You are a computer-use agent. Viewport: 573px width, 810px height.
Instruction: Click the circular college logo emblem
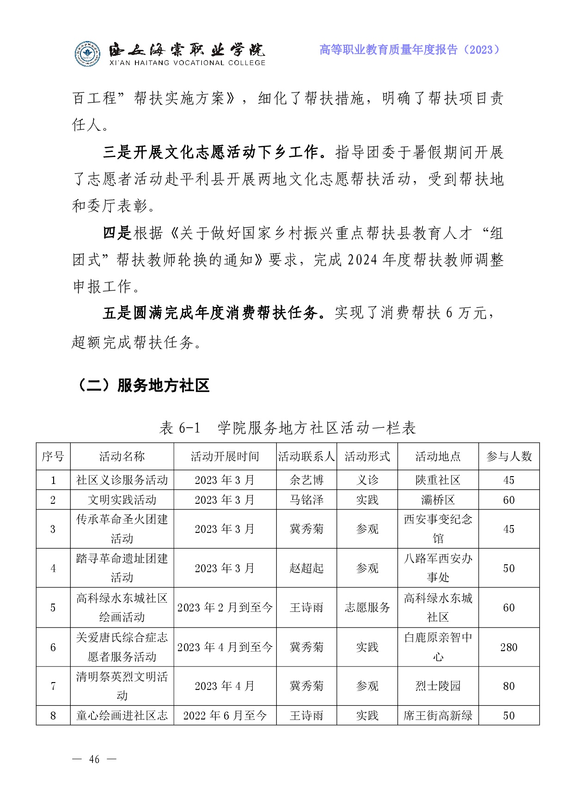coord(87,54)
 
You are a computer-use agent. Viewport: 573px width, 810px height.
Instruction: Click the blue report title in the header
coord(409,50)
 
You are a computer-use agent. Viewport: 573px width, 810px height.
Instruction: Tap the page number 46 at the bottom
coord(94,759)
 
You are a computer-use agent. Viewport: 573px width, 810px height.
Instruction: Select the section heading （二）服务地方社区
coord(141,385)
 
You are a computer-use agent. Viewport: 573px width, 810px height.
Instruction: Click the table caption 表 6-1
coord(180,428)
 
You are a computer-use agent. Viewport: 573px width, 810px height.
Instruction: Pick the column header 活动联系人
coord(306,457)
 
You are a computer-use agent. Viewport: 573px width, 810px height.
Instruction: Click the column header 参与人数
coord(509,457)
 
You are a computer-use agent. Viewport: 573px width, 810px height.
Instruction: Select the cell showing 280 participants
coord(509,647)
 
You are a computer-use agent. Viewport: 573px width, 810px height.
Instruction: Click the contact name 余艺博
coord(306,480)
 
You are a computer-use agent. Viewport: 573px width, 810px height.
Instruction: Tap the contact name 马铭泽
coord(306,500)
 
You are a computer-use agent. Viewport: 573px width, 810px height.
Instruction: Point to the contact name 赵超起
coord(306,568)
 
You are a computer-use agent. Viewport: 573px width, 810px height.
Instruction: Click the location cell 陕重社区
coord(438,480)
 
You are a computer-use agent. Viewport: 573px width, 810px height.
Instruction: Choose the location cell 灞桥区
coord(438,500)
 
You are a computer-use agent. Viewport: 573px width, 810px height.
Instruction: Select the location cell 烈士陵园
coord(438,686)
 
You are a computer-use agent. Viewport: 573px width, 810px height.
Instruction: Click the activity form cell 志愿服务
coord(367,607)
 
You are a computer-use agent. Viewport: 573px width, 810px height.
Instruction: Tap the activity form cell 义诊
coord(367,480)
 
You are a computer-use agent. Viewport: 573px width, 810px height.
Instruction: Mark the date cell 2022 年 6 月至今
coord(225,715)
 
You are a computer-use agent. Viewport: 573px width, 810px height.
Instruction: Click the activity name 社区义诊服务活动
coord(122,480)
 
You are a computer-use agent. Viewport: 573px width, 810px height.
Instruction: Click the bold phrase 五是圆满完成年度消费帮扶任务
coord(211,313)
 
